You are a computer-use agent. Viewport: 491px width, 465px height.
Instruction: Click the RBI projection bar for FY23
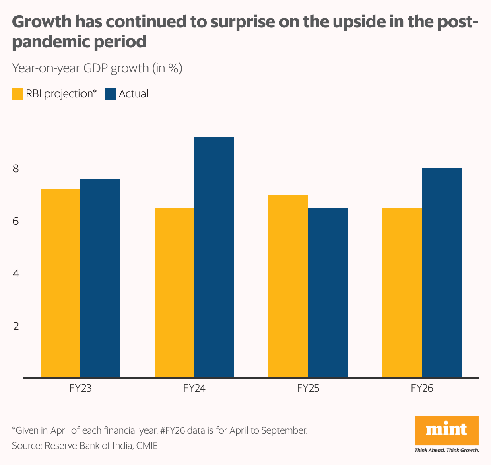pyautogui.click(x=60, y=283)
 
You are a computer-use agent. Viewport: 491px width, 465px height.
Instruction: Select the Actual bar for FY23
pyautogui.click(x=100, y=278)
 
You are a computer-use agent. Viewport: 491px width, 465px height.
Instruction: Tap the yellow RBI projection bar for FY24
pyautogui.click(x=174, y=292)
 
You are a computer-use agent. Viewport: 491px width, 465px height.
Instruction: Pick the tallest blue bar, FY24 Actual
pyautogui.click(x=214, y=257)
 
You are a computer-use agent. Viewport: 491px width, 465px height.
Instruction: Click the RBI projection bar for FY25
pyautogui.click(x=288, y=286)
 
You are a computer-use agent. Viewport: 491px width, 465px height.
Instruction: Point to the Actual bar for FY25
pyautogui.click(x=328, y=292)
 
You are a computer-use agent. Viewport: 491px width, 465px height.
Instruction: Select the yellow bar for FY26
pyautogui.click(x=402, y=292)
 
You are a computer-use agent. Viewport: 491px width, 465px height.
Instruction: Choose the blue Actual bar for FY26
pyautogui.click(x=442, y=273)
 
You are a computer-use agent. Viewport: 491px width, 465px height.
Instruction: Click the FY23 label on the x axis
pyautogui.click(x=80, y=388)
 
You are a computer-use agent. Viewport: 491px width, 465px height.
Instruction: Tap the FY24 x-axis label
pyautogui.click(x=194, y=388)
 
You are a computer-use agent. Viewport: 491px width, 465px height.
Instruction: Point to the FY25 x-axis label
pyautogui.click(x=308, y=388)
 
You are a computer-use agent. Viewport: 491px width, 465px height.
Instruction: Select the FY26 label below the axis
pyautogui.click(x=422, y=388)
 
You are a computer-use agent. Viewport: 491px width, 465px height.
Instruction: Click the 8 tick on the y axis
pyautogui.click(x=16, y=169)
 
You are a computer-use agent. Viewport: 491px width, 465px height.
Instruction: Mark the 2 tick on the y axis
pyautogui.click(x=16, y=326)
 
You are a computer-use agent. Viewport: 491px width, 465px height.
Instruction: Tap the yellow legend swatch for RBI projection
pyautogui.click(x=18, y=94)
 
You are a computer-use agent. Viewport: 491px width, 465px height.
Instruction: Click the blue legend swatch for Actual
pyautogui.click(x=110, y=94)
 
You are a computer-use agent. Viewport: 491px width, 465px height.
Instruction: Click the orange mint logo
pyautogui.click(x=446, y=430)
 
